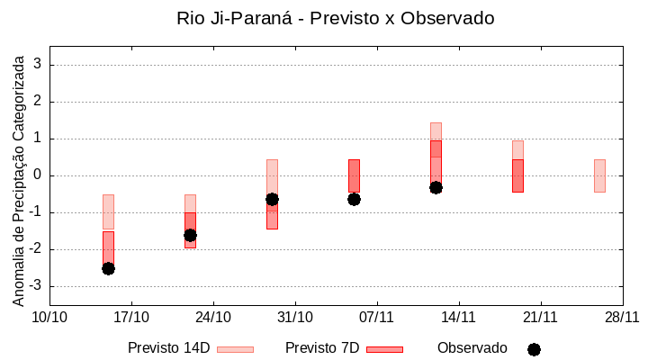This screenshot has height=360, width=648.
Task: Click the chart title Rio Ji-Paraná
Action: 336,18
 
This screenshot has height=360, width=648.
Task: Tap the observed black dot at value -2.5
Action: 108,268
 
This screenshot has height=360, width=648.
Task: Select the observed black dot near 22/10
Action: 190,235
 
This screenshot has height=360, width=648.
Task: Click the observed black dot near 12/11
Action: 436,187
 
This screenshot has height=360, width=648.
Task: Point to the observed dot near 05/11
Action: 354,199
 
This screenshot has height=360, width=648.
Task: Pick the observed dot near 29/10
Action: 272,199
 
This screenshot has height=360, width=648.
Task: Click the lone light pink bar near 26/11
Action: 599,175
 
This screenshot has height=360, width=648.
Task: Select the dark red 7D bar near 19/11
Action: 517,175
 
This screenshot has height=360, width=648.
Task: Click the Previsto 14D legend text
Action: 168,348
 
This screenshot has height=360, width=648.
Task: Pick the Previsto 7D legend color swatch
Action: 384,349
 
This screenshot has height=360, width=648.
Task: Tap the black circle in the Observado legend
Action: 534,349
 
